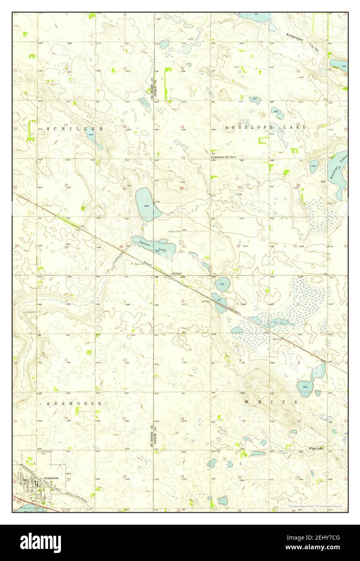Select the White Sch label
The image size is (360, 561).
point(316,448)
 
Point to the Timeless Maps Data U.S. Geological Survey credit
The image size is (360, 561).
point(315,506)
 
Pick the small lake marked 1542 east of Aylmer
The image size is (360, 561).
point(222,284)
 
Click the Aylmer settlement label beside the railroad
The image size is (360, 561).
point(176,273)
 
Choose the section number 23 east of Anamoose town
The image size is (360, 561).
point(68,479)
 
